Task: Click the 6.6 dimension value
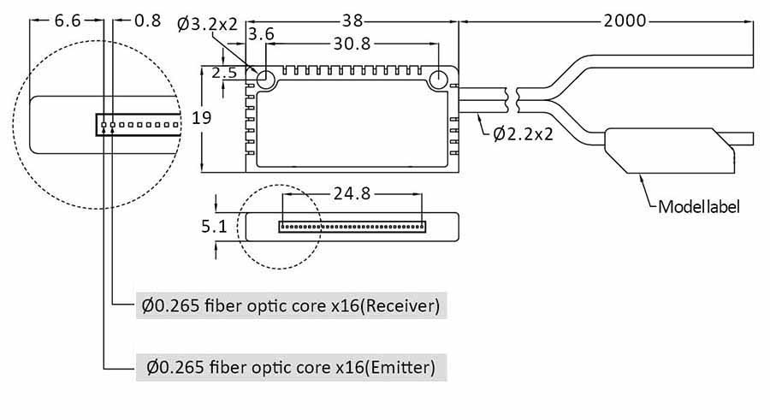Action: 68,21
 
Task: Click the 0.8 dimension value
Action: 147,21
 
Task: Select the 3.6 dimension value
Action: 260,34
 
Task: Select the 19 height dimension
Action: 202,118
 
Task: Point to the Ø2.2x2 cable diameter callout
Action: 522,133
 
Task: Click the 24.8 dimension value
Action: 352,193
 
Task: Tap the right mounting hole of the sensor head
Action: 440,81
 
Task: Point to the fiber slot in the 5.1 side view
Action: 352,228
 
